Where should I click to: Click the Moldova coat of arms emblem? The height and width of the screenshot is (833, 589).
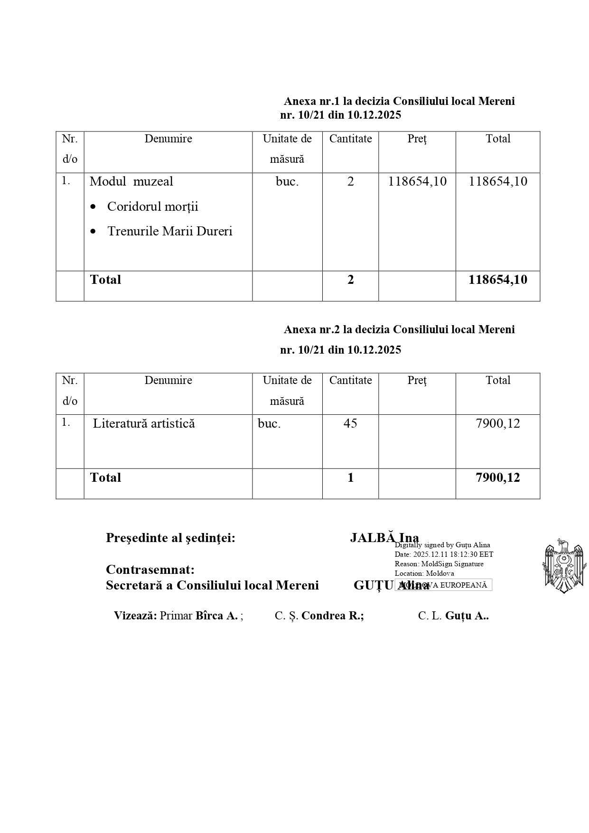[563, 566]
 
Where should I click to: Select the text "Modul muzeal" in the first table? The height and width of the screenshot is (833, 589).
[131, 181]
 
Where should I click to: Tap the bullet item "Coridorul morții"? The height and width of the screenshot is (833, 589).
[152, 206]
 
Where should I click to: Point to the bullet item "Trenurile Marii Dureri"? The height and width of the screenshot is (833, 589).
[169, 231]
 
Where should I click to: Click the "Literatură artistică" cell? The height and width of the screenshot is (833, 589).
[144, 423]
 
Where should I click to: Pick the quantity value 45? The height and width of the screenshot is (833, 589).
[350, 423]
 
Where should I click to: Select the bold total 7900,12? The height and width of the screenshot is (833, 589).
[497, 477]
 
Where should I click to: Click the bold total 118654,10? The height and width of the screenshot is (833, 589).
[497, 280]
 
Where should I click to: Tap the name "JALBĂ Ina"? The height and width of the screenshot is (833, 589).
[384, 538]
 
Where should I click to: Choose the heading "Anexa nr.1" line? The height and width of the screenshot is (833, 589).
[399, 101]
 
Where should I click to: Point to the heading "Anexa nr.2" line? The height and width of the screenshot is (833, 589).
[399, 329]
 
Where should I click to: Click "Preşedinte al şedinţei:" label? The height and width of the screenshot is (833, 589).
[170, 538]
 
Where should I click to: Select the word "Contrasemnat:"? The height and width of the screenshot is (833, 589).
[150, 569]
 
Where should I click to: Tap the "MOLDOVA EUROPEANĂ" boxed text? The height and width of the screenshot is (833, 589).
[443, 585]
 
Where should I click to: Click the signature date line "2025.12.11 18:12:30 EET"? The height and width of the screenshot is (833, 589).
[444, 554]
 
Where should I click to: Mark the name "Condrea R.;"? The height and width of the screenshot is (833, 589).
[332, 616]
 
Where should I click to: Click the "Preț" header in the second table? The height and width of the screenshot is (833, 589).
[417, 380]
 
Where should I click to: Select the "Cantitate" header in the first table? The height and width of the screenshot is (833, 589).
[350, 139]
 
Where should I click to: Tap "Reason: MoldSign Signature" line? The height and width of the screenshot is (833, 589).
[439, 564]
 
